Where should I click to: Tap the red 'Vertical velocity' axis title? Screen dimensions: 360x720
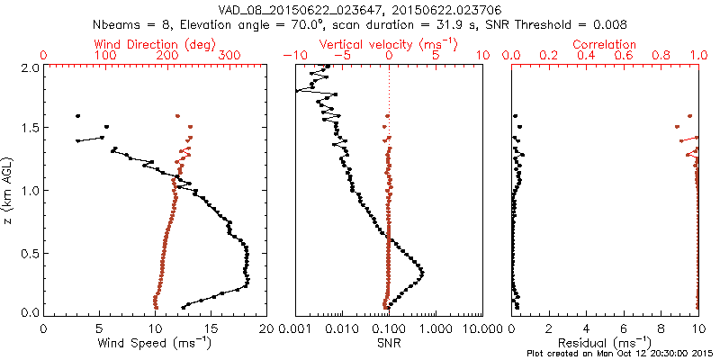point(388,44)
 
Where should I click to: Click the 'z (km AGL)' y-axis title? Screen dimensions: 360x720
point(12,189)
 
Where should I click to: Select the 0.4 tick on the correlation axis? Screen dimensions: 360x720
point(586,56)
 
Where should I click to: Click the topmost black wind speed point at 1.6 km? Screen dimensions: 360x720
point(78,116)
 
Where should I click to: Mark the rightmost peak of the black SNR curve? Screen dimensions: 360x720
point(422,271)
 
